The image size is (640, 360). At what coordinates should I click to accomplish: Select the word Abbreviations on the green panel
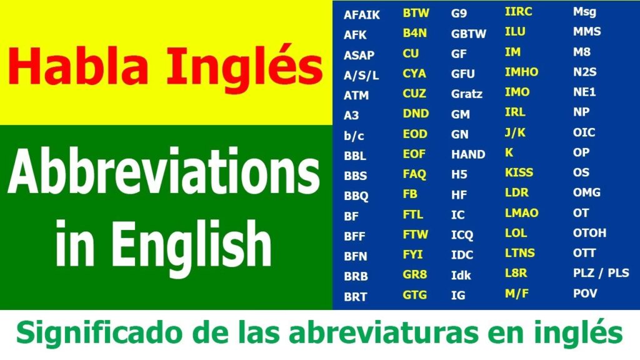tap(163, 172)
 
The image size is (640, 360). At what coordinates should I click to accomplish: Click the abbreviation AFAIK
tap(361, 15)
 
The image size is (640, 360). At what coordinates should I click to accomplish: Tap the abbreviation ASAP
tap(359, 55)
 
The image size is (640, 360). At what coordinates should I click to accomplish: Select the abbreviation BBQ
tap(356, 196)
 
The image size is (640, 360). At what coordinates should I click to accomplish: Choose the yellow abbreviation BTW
tap(415, 12)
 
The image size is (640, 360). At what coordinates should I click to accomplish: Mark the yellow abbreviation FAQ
tap(414, 174)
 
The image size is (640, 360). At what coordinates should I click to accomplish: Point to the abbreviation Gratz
tap(467, 94)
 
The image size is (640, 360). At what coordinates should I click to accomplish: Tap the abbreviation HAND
tap(468, 154)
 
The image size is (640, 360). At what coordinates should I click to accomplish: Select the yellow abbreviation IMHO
tap(521, 72)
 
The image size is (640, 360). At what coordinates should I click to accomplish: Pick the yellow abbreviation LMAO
tap(521, 213)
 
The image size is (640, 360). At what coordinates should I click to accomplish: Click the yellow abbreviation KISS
tap(519, 172)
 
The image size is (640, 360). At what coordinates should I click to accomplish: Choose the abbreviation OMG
tap(586, 192)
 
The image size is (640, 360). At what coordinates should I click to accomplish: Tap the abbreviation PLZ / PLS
tap(601, 273)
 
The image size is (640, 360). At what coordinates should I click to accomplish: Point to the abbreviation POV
tap(585, 293)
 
